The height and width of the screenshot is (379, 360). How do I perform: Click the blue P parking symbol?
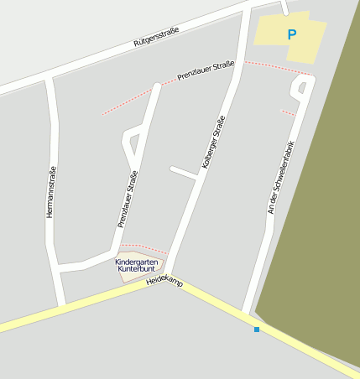pos(292,35)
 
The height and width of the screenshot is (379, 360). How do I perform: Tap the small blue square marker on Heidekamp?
pos(257,329)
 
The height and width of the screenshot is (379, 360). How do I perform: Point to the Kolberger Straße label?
pos(214,143)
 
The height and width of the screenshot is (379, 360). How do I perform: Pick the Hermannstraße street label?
pos(51,193)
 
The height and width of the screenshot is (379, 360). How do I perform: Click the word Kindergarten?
pos(136,262)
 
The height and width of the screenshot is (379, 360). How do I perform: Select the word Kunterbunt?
pos(136,271)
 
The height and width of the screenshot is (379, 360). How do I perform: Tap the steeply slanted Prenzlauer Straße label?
pos(127,199)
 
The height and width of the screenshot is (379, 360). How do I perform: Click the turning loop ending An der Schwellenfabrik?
pos(300,86)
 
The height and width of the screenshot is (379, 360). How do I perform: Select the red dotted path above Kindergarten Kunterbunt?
pos(144,247)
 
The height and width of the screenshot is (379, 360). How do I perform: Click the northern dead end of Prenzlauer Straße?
pos(157,85)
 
